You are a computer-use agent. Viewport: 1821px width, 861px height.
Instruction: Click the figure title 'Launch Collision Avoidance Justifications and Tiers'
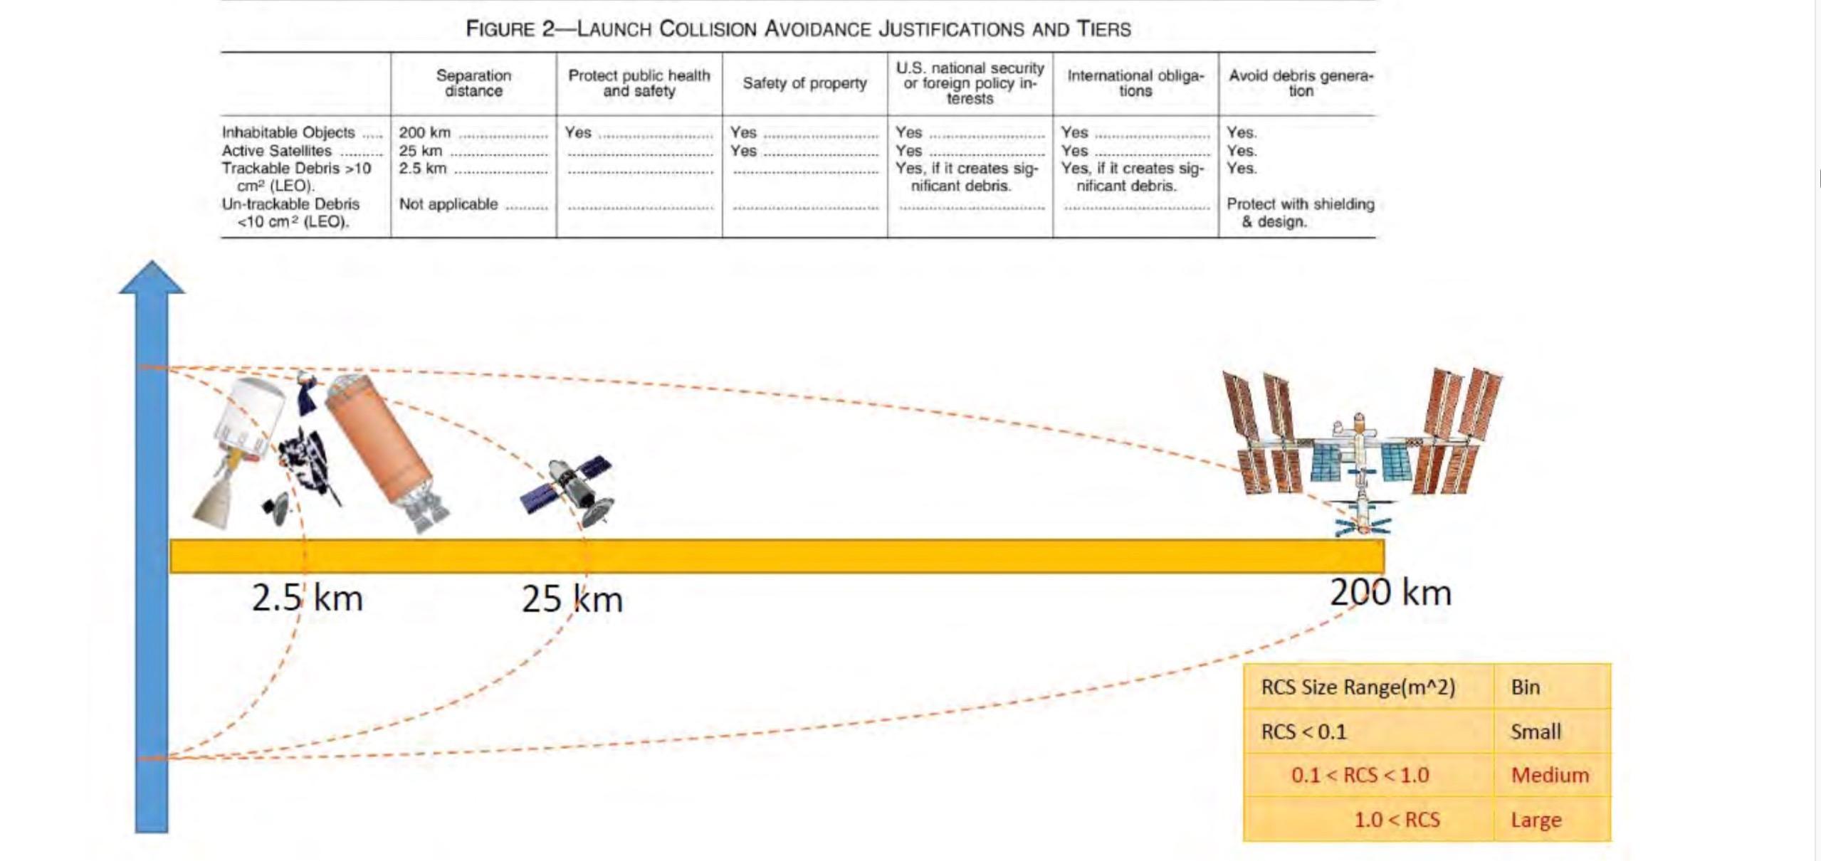(x=798, y=29)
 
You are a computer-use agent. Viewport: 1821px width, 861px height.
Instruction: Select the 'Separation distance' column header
(x=473, y=83)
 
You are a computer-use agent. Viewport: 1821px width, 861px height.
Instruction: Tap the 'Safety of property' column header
(x=804, y=83)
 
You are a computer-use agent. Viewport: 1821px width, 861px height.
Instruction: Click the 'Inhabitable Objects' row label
(x=288, y=132)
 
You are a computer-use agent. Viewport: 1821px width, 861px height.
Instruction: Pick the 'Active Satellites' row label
(x=277, y=151)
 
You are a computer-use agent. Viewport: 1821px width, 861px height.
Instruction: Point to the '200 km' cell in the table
(x=425, y=132)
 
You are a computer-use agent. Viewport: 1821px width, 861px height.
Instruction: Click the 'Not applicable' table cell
(x=448, y=204)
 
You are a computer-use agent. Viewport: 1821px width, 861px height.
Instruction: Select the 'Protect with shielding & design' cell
(x=1300, y=212)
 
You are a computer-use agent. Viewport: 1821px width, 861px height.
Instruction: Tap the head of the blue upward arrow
(x=152, y=278)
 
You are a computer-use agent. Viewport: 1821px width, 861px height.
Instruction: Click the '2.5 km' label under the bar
(x=308, y=598)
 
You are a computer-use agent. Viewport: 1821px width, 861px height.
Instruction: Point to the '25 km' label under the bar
(x=572, y=599)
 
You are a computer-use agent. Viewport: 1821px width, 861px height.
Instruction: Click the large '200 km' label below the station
(x=1390, y=593)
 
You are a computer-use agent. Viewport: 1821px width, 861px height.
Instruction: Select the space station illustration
(x=1361, y=448)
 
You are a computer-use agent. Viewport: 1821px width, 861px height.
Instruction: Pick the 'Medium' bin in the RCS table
(x=1550, y=775)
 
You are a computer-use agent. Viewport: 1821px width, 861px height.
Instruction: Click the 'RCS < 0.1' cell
(x=1304, y=731)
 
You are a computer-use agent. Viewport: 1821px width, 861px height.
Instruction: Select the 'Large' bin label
(x=1536, y=820)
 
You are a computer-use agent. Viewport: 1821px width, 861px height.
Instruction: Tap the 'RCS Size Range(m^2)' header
(x=1358, y=687)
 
